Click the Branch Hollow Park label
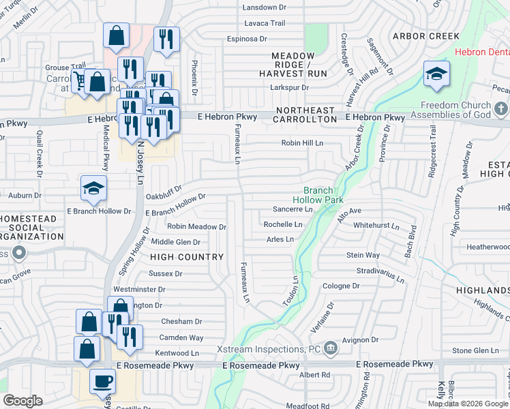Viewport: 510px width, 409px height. [x=318, y=195]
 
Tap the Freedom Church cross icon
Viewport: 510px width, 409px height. [x=500, y=109]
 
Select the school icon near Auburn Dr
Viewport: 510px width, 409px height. [x=93, y=190]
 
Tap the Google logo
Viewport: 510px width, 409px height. [x=23, y=401]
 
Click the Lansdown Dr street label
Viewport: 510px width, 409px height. [x=265, y=7]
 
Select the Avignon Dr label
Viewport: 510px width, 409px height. [x=360, y=339]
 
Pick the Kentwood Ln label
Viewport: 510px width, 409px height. [x=177, y=353]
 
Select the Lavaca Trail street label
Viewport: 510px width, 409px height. [x=266, y=23]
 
